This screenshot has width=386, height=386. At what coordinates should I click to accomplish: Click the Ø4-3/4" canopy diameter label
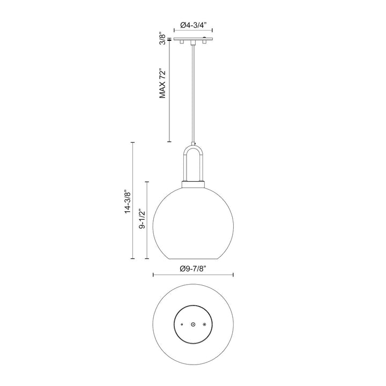tap(193, 25)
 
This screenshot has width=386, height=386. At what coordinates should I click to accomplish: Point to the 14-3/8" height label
tap(127, 202)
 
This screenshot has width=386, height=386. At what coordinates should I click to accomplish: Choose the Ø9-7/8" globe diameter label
tap(193, 268)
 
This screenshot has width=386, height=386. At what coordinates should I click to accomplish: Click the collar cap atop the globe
tap(193, 183)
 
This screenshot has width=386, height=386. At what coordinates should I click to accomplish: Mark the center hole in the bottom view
tap(193, 325)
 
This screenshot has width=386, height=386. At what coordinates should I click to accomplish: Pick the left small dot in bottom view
tap(182, 325)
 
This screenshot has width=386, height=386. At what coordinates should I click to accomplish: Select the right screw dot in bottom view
tap(204, 325)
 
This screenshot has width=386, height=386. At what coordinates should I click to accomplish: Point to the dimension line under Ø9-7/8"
tap(193, 276)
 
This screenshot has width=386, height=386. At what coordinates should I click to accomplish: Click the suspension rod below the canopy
tap(193, 91)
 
